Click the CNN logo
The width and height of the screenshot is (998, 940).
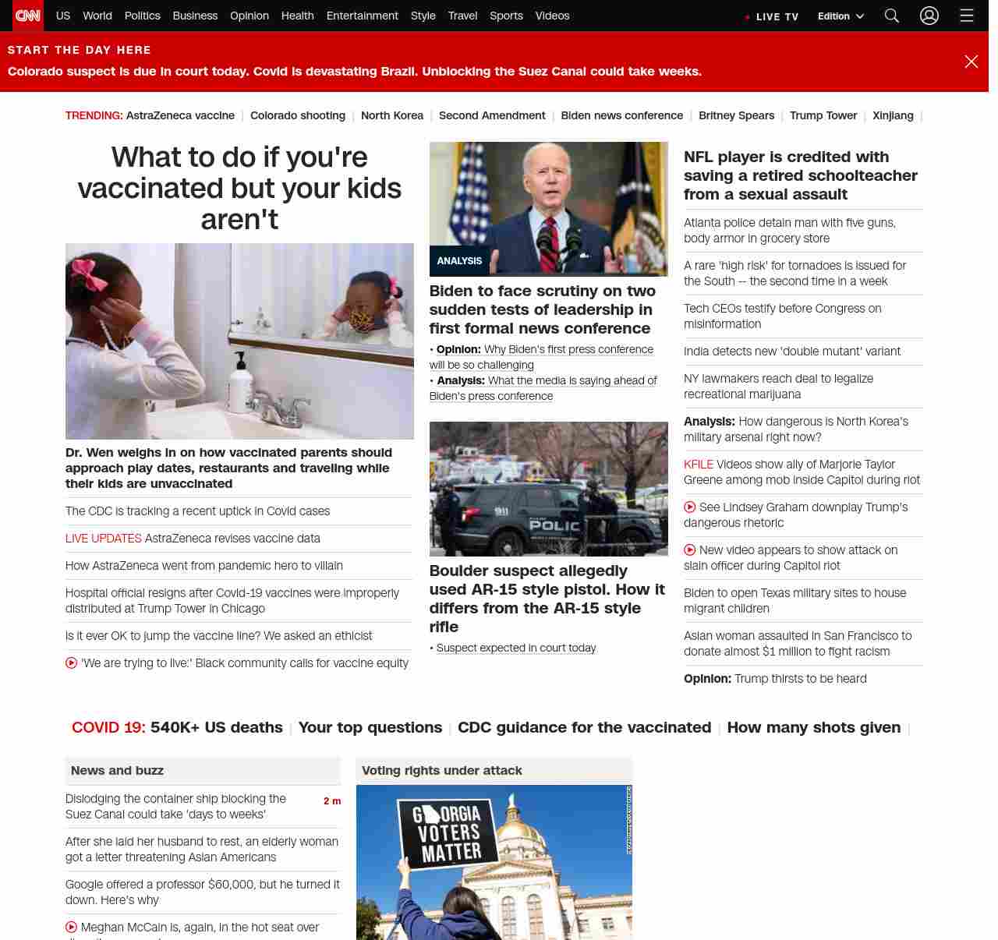pyautogui.click(x=28, y=16)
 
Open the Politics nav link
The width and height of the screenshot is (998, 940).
pyautogui.click(x=142, y=16)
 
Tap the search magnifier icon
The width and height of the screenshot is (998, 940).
pyautogui.click(x=892, y=16)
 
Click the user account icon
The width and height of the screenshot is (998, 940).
pyautogui.click(x=929, y=16)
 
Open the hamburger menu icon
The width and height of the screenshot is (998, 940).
pyautogui.click(x=967, y=16)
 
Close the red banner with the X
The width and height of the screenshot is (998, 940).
pyautogui.click(x=971, y=62)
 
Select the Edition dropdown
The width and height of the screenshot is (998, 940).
pyautogui.click(x=841, y=16)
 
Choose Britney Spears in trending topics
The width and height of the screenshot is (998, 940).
pyautogui.click(x=736, y=115)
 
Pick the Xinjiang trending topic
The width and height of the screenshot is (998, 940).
pyautogui.click(x=893, y=115)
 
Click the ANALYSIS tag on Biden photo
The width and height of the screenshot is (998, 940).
pyautogui.click(x=459, y=261)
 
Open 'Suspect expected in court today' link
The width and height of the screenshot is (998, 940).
pyautogui.click(x=515, y=648)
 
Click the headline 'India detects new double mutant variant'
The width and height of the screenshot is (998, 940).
pyautogui.click(x=791, y=352)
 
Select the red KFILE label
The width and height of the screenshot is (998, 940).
pyautogui.click(x=698, y=465)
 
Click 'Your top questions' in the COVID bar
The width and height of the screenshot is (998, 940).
pyautogui.click(x=370, y=727)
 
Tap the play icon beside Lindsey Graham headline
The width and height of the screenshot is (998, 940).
pyautogui.click(x=690, y=507)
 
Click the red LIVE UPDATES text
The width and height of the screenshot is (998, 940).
pyautogui.click(x=103, y=539)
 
